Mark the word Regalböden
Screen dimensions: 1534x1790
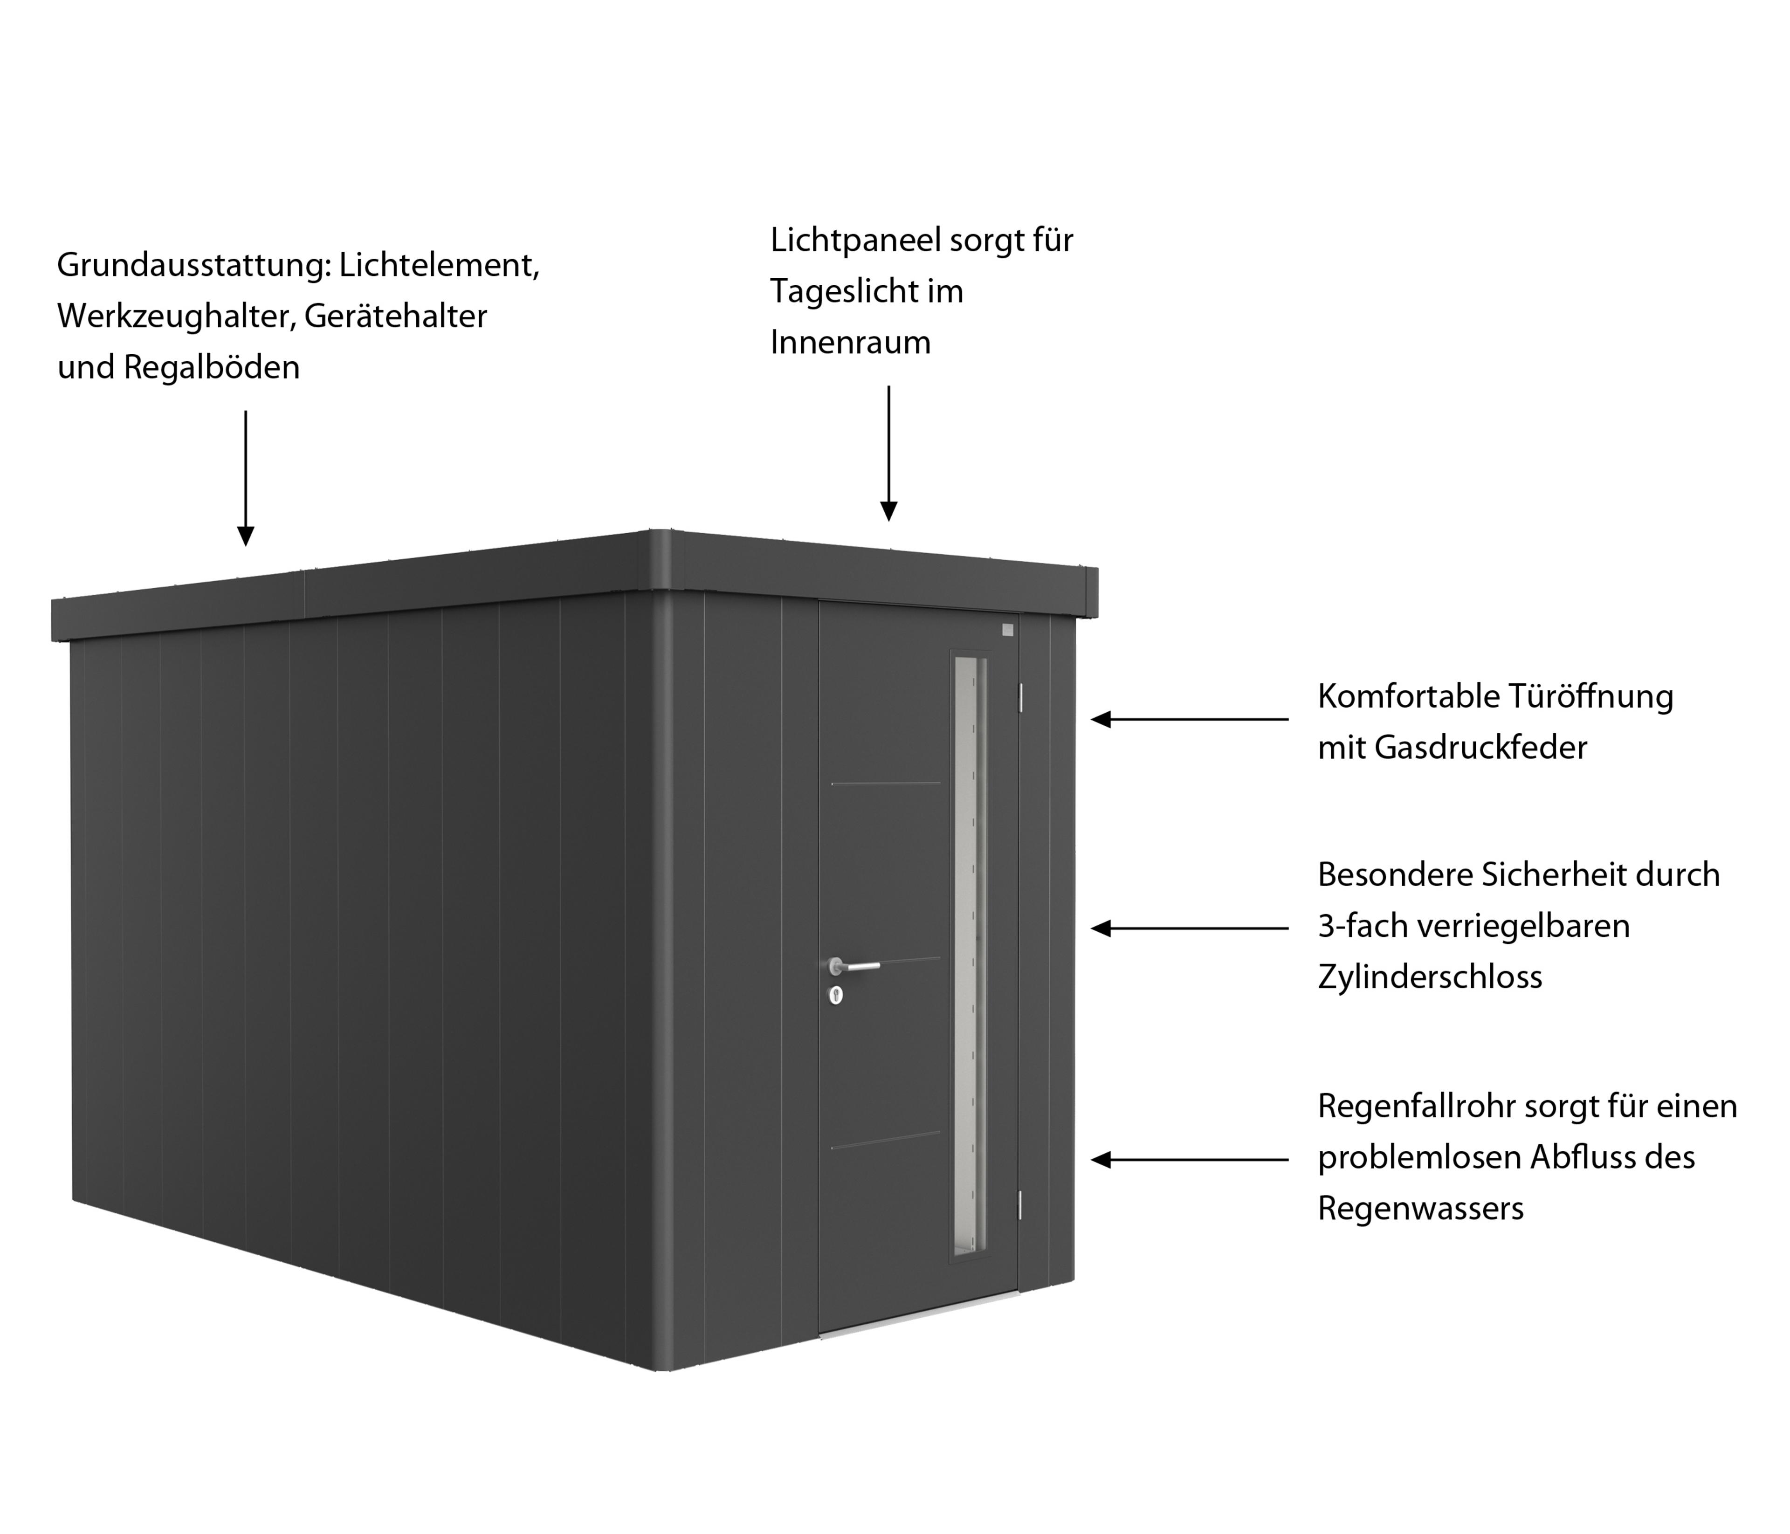click(x=212, y=368)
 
